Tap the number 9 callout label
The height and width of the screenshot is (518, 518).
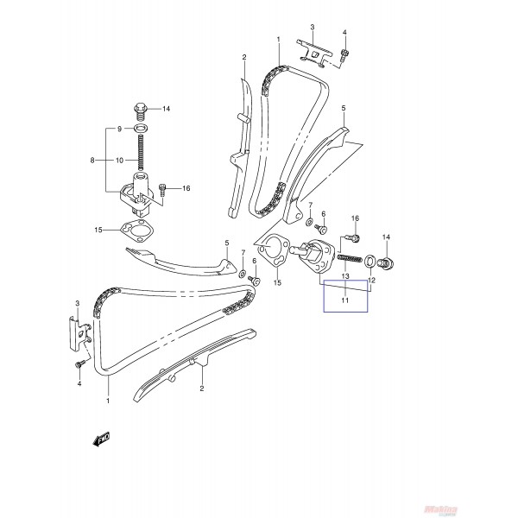tap(120, 129)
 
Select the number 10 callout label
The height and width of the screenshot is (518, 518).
tap(121, 160)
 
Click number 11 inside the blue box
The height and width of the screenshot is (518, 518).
tap(344, 301)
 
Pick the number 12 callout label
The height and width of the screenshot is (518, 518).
tap(372, 281)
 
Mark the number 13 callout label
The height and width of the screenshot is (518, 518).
tap(344, 277)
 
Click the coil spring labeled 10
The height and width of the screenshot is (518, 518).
tap(138, 155)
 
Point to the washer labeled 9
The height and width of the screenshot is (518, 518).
tap(138, 129)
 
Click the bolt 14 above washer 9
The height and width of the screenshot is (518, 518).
tap(138, 110)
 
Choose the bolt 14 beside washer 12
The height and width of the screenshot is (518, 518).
tap(387, 262)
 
